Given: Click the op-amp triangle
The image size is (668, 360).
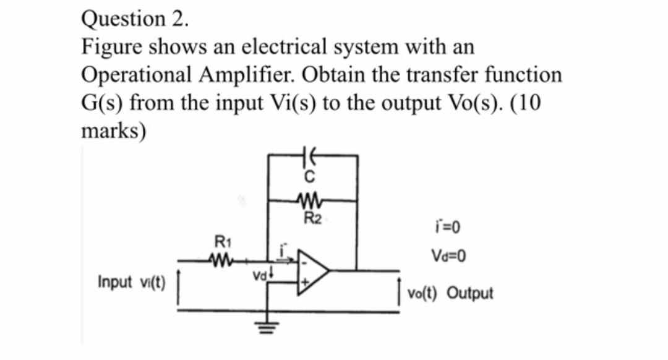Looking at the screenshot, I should [313, 270].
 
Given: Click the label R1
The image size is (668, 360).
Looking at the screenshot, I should [220, 242].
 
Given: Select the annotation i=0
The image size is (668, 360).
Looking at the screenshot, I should [448, 229].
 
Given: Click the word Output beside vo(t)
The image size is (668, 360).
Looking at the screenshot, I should [469, 293].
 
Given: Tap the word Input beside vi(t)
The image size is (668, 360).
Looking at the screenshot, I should [114, 282].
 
